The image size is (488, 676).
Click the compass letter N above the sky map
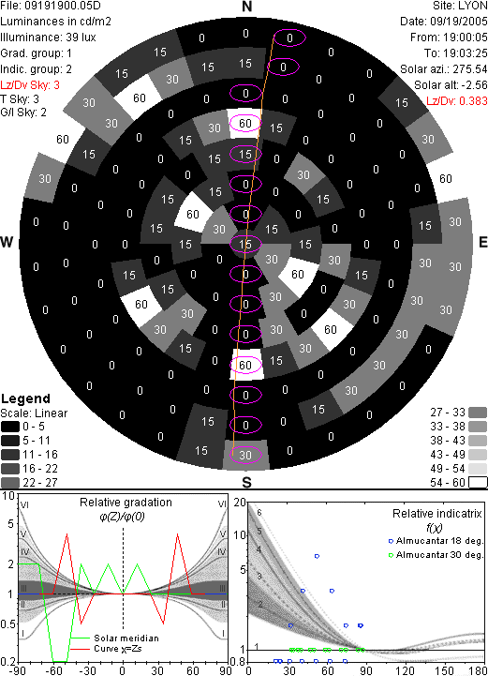[246, 7]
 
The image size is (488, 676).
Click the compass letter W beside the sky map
[7, 242]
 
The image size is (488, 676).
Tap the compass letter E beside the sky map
[483, 242]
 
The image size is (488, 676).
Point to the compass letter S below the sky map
[246, 483]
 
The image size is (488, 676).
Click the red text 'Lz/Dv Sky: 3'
[30, 85]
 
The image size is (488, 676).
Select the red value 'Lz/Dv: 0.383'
[457, 101]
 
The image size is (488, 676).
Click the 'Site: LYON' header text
[460, 6]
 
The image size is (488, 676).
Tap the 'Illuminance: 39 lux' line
[49, 38]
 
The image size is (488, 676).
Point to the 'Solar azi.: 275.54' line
[444, 69]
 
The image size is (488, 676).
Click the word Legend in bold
[26, 398]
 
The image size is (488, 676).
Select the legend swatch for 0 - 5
[10, 427]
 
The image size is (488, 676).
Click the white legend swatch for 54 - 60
[478, 482]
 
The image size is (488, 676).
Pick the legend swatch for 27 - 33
[478, 413]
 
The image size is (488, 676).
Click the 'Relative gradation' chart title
[126, 503]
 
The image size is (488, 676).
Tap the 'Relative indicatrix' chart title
[437, 514]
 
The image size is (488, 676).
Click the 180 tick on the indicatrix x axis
[478, 670]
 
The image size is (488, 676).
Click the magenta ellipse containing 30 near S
[245, 455]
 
